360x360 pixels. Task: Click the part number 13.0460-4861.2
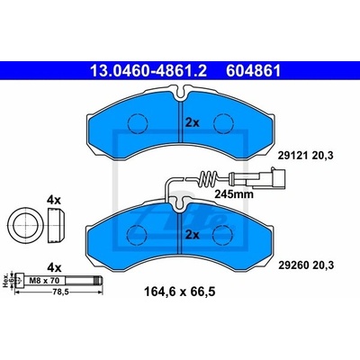click(x=148, y=71)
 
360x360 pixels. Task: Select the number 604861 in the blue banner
click(x=254, y=71)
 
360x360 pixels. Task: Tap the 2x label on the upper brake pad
click(x=193, y=122)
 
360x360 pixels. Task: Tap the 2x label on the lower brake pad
click(x=193, y=235)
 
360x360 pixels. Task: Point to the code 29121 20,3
click(x=306, y=156)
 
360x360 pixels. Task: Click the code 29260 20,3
click(x=306, y=265)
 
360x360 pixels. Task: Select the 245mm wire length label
click(x=234, y=194)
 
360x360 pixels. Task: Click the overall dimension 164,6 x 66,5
click(x=180, y=292)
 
